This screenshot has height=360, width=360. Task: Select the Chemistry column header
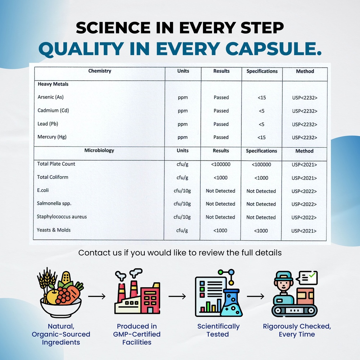coord(100,71)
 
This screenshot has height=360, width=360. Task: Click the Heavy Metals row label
coord(53,84)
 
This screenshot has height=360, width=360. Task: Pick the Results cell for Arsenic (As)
coord(221,97)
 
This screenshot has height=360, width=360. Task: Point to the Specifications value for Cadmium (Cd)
coord(261,111)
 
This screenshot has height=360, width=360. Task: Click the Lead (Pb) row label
coord(48,124)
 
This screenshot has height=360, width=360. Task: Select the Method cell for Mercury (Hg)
coord(305,137)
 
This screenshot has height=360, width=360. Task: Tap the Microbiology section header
coord(99,150)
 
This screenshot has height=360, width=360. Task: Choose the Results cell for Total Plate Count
coord(221,165)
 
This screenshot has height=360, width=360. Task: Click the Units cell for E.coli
coord(182,191)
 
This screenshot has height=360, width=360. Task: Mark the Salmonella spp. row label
coord(54,203)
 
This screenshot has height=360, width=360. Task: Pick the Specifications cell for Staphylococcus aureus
coord(261,217)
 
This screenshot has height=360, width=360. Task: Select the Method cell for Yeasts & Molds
coord(304,231)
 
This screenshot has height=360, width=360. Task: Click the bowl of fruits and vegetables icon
coord(60,292)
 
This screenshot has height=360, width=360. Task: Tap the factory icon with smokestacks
coord(137,291)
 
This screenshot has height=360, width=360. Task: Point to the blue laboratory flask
coord(231,303)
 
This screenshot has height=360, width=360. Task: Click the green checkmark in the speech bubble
coord(312,275)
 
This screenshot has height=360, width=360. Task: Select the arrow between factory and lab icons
coord(177,296)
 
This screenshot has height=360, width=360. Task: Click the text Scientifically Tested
coord(219,330)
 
